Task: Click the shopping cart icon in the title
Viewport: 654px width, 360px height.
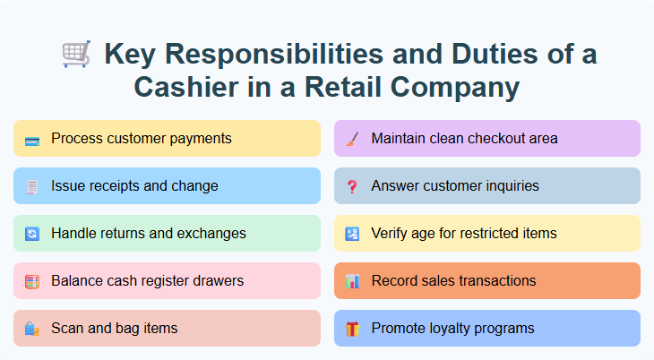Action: tap(76, 55)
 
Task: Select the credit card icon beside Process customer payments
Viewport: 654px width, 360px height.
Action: tap(32, 140)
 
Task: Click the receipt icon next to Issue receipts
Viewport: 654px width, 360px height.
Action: tap(32, 187)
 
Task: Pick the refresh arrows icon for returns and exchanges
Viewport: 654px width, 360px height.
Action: tap(32, 235)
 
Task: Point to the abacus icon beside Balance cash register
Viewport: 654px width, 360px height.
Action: tap(32, 282)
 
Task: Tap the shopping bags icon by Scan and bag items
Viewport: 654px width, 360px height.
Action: tap(32, 330)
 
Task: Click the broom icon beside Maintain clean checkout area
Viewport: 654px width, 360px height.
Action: tap(352, 140)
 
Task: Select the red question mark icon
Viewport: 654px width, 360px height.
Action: tap(352, 187)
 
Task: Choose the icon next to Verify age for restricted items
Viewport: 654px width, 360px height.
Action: tap(352, 235)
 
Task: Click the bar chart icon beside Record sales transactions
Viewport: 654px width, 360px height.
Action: tap(352, 282)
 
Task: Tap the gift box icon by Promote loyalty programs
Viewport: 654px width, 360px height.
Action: tap(352, 330)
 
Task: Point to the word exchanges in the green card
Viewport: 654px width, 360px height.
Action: tap(211, 234)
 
